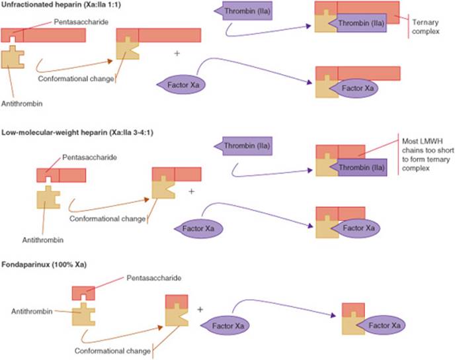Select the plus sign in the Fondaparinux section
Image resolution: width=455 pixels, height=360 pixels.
coord(201,308)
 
